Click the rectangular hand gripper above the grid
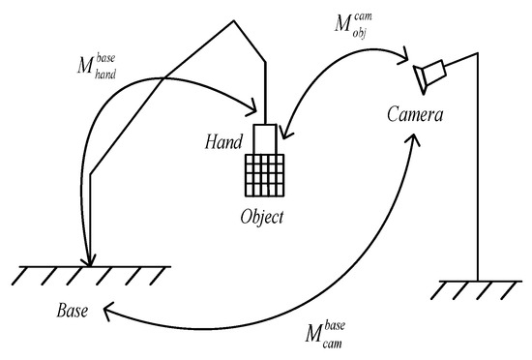coord(264,138)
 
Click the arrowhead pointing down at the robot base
coord(89,259)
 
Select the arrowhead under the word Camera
coord(415,138)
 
